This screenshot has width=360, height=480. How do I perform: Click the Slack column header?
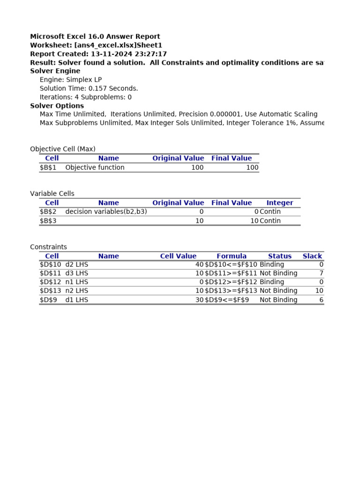[x=312, y=256]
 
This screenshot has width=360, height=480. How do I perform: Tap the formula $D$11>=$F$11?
[x=231, y=273]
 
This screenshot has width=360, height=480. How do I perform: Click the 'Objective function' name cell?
[x=95, y=167]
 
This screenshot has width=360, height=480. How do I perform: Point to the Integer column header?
[x=279, y=203]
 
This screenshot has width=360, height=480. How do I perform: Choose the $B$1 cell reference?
[x=48, y=167]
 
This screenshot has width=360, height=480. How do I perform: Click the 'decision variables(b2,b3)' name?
[x=106, y=212]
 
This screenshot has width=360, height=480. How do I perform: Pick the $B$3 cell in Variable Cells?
[x=48, y=221]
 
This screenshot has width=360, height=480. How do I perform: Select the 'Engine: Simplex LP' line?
[x=70, y=80]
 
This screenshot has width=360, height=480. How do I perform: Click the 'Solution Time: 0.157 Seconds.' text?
[x=89, y=88]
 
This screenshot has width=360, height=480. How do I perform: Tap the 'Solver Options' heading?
[x=57, y=106]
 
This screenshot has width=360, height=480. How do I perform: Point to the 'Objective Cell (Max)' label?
[x=62, y=149]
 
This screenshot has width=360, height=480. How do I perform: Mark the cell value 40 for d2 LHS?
[x=199, y=264]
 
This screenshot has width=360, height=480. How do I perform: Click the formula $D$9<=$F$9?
[x=227, y=300]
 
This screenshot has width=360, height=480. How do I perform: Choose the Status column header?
[x=279, y=256]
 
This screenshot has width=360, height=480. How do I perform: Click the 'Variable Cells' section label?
[x=52, y=194]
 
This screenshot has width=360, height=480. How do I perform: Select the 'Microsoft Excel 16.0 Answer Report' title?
[x=95, y=37]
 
